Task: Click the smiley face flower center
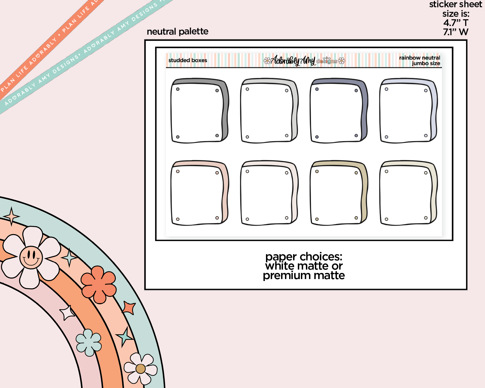point(31,257)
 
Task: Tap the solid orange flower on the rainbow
point(99,285)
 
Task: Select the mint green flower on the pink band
point(89,342)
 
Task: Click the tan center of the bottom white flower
point(141,369)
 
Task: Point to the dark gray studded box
point(200,111)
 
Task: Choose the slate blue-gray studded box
point(339,111)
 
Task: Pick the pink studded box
point(200,193)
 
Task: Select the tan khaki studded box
point(339,193)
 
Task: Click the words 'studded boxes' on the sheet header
point(188,60)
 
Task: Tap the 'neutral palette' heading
point(177,32)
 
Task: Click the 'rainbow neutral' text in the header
point(420,58)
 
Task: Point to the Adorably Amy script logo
point(293,60)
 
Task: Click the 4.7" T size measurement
point(456,23)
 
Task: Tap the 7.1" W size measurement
point(456,32)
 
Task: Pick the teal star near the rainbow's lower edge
point(125,337)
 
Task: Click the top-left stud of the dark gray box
point(178,89)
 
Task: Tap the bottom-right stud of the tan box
point(356,218)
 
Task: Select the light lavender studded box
point(408,111)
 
